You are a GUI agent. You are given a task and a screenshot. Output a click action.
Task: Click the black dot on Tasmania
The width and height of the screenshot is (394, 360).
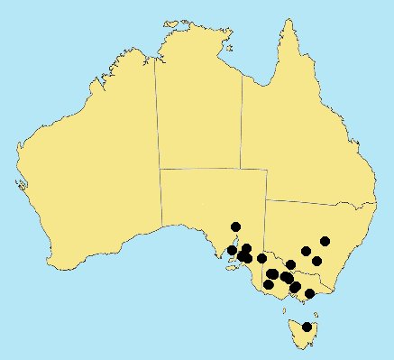pyautogui.click(x=307, y=327)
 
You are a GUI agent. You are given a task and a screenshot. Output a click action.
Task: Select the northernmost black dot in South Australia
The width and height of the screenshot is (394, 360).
pyautogui.click(x=236, y=226)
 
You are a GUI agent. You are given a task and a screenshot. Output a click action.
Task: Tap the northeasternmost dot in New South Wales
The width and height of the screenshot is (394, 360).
pyautogui.click(x=325, y=241)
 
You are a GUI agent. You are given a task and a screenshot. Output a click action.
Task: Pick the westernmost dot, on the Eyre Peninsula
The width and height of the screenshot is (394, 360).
pyautogui.click(x=232, y=250)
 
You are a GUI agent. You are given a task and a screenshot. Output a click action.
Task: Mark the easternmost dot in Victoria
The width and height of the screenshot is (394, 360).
pyautogui.click(x=309, y=293)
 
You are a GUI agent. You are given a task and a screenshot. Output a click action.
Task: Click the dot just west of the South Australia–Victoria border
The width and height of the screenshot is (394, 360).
pyautogui.click(x=261, y=258)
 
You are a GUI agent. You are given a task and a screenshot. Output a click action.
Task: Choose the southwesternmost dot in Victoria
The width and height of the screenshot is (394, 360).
pyautogui.click(x=268, y=285)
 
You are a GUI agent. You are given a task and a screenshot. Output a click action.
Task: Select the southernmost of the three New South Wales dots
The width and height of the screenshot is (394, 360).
pyautogui.click(x=316, y=261)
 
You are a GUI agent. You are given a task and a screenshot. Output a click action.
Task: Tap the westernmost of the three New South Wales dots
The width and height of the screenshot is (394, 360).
pyautogui.click(x=307, y=251)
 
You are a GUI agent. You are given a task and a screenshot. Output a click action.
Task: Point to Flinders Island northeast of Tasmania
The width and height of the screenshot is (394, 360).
pyautogui.click(x=315, y=307)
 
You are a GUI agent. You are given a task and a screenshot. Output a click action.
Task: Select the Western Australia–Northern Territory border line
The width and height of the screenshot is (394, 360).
pyautogui.click(x=155, y=117)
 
